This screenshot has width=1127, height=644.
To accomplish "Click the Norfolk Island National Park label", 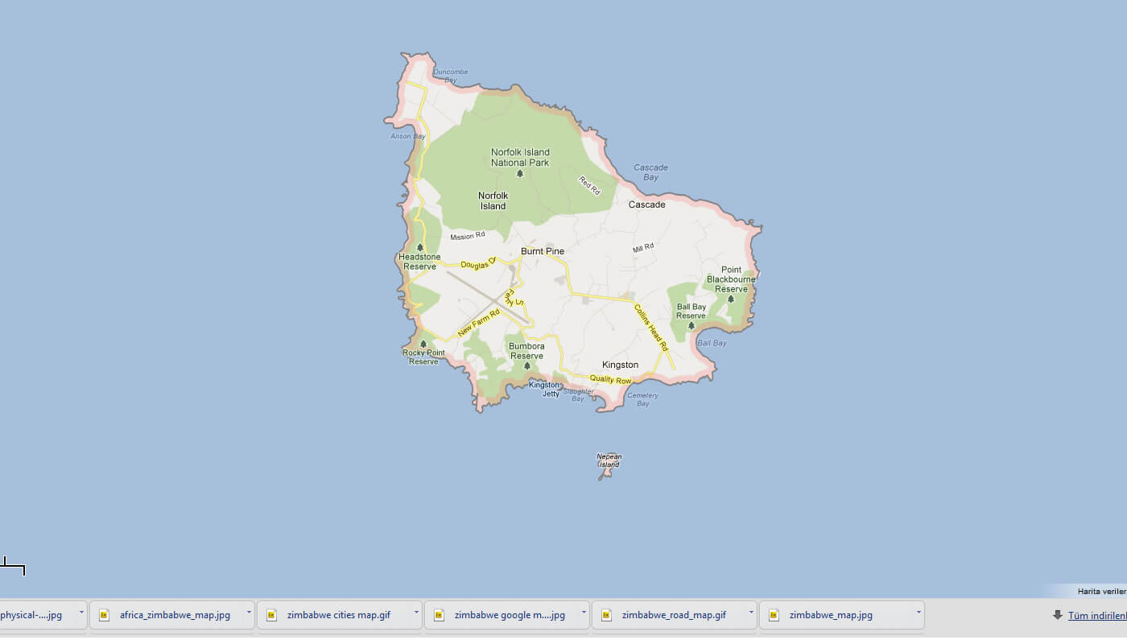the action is pos(520,157).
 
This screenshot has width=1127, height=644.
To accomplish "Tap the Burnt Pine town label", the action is pos(543,251).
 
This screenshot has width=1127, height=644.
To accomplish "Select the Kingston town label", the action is pos(620,365).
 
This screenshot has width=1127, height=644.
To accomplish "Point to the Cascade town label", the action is pos(646,204).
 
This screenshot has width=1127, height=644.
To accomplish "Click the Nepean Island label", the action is pos(609,460).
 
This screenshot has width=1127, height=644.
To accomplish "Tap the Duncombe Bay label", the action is pos(450,76).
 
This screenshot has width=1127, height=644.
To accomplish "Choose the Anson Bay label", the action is pos(407,136).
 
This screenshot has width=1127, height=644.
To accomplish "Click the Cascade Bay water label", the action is pos(650,172).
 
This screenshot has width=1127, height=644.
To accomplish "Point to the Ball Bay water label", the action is pos(712,343).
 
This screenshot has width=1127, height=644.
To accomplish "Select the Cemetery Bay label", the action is pos(642,399).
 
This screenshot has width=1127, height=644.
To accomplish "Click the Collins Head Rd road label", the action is pos(651,327).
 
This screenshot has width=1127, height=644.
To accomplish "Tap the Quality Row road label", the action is pos(610,379).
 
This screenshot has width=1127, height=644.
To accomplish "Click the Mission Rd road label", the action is pos(468,237).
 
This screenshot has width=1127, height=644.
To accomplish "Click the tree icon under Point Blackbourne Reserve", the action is pos(731,299).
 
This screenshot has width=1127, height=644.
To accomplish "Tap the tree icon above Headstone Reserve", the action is pos(419,247).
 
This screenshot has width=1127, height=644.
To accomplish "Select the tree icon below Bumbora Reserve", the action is pos(526,366).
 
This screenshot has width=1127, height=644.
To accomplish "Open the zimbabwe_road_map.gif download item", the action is pos(674,615).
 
